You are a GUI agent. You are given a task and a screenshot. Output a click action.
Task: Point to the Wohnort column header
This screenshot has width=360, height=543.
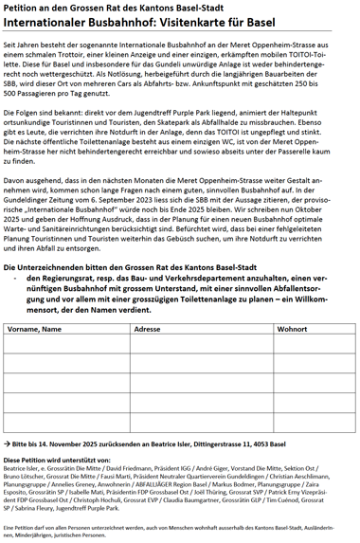click(x=292, y=329)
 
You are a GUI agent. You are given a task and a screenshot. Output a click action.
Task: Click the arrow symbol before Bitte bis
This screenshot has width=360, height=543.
click(x=7, y=443)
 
